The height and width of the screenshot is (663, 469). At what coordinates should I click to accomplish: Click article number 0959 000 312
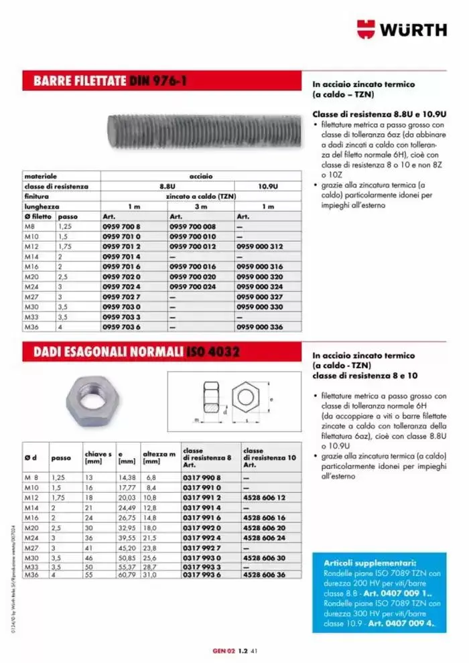(260, 246)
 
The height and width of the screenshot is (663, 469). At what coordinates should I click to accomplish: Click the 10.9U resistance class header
(268, 186)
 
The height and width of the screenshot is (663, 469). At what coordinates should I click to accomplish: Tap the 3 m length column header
(200, 206)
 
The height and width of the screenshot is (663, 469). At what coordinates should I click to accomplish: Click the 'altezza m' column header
(159, 457)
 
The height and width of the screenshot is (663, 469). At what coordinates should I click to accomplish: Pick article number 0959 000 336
(260, 326)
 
